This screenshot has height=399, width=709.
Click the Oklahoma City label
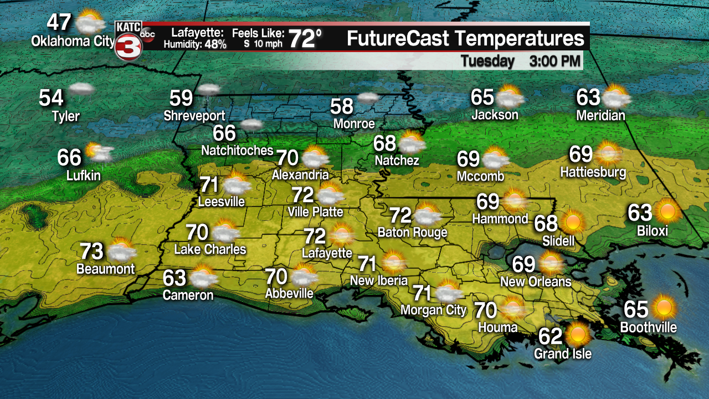click(73, 41)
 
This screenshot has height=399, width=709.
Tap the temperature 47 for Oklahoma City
click(59, 23)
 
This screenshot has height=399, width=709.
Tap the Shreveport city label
click(194, 116)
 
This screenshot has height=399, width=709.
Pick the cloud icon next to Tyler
click(81, 88)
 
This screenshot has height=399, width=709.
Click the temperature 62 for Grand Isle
click(551, 336)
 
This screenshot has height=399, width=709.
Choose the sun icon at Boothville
click(664, 308)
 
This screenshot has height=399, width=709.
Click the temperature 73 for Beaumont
click(91, 251)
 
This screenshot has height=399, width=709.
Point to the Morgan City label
click(434, 309)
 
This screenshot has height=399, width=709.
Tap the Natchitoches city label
click(237, 150)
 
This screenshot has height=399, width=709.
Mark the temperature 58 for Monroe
click(342, 106)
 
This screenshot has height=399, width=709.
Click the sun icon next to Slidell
click(573, 222)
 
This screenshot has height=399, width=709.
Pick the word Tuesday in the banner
click(487, 61)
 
